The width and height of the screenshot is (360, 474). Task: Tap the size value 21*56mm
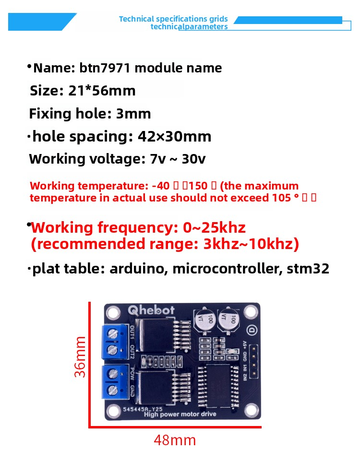coord(102,91)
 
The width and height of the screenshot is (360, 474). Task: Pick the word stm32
coord(308,269)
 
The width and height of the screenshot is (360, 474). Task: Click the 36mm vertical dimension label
coord(80,356)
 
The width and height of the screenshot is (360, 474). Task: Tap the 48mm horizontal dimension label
coord(175,440)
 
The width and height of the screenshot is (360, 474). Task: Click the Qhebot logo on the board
coord(151,310)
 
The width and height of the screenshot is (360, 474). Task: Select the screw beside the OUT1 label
coord(113,332)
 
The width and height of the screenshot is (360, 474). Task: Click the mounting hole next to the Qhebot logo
coord(113,313)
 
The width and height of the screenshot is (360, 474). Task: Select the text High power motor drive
coord(180,414)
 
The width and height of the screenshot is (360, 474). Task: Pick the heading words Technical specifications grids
coord(173,19)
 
